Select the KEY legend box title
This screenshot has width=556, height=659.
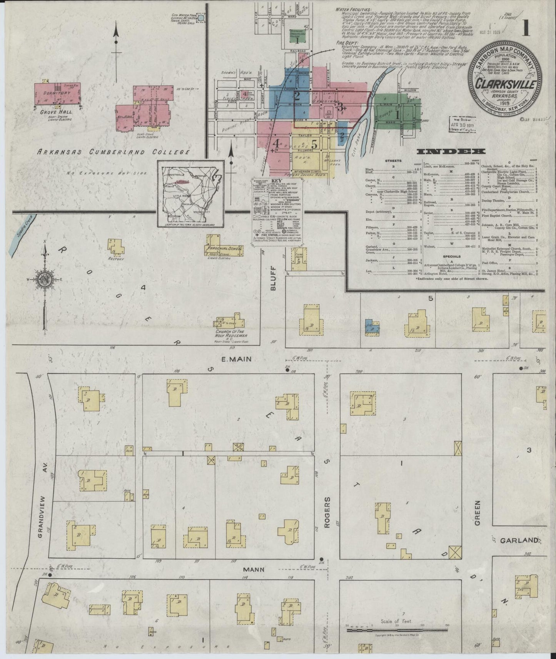pyautogui.click(x=277, y=180)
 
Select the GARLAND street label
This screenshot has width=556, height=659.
pyautogui.click(x=518, y=540)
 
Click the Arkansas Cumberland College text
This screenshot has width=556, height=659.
pyautogui.click(x=113, y=152)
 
